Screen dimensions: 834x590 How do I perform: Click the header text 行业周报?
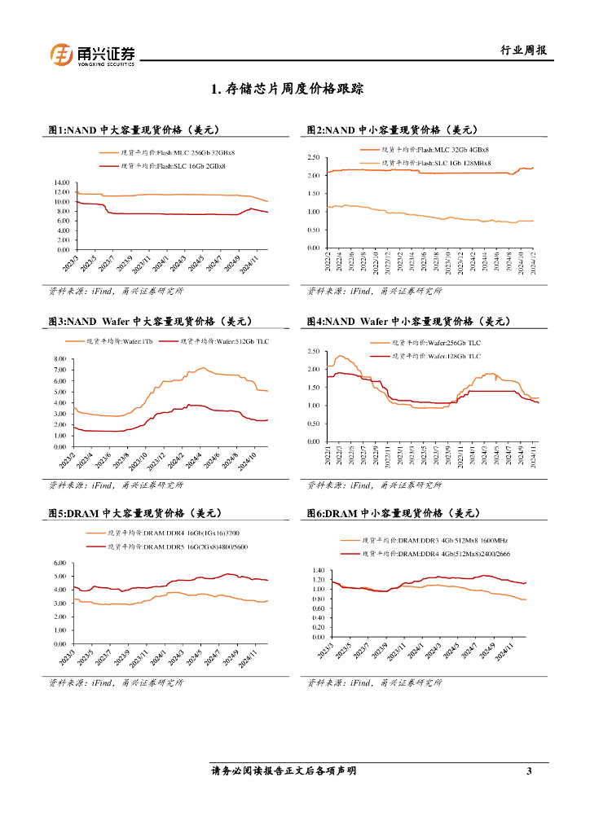tap(522, 50)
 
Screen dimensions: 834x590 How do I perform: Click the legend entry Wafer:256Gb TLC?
tap(436, 344)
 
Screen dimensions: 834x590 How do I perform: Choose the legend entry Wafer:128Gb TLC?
tap(436, 356)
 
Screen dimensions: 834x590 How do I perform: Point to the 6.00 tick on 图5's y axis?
tap(58, 564)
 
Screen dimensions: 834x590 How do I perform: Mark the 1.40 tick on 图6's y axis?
tap(317, 571)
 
